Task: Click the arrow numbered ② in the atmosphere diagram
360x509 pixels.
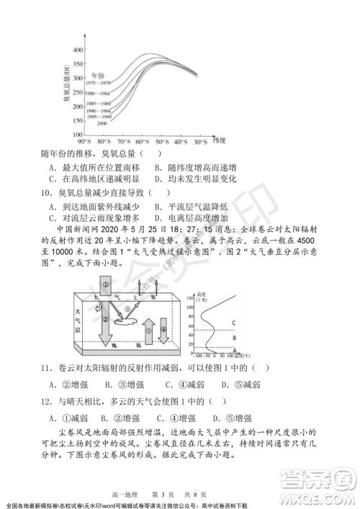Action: point(106,325)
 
